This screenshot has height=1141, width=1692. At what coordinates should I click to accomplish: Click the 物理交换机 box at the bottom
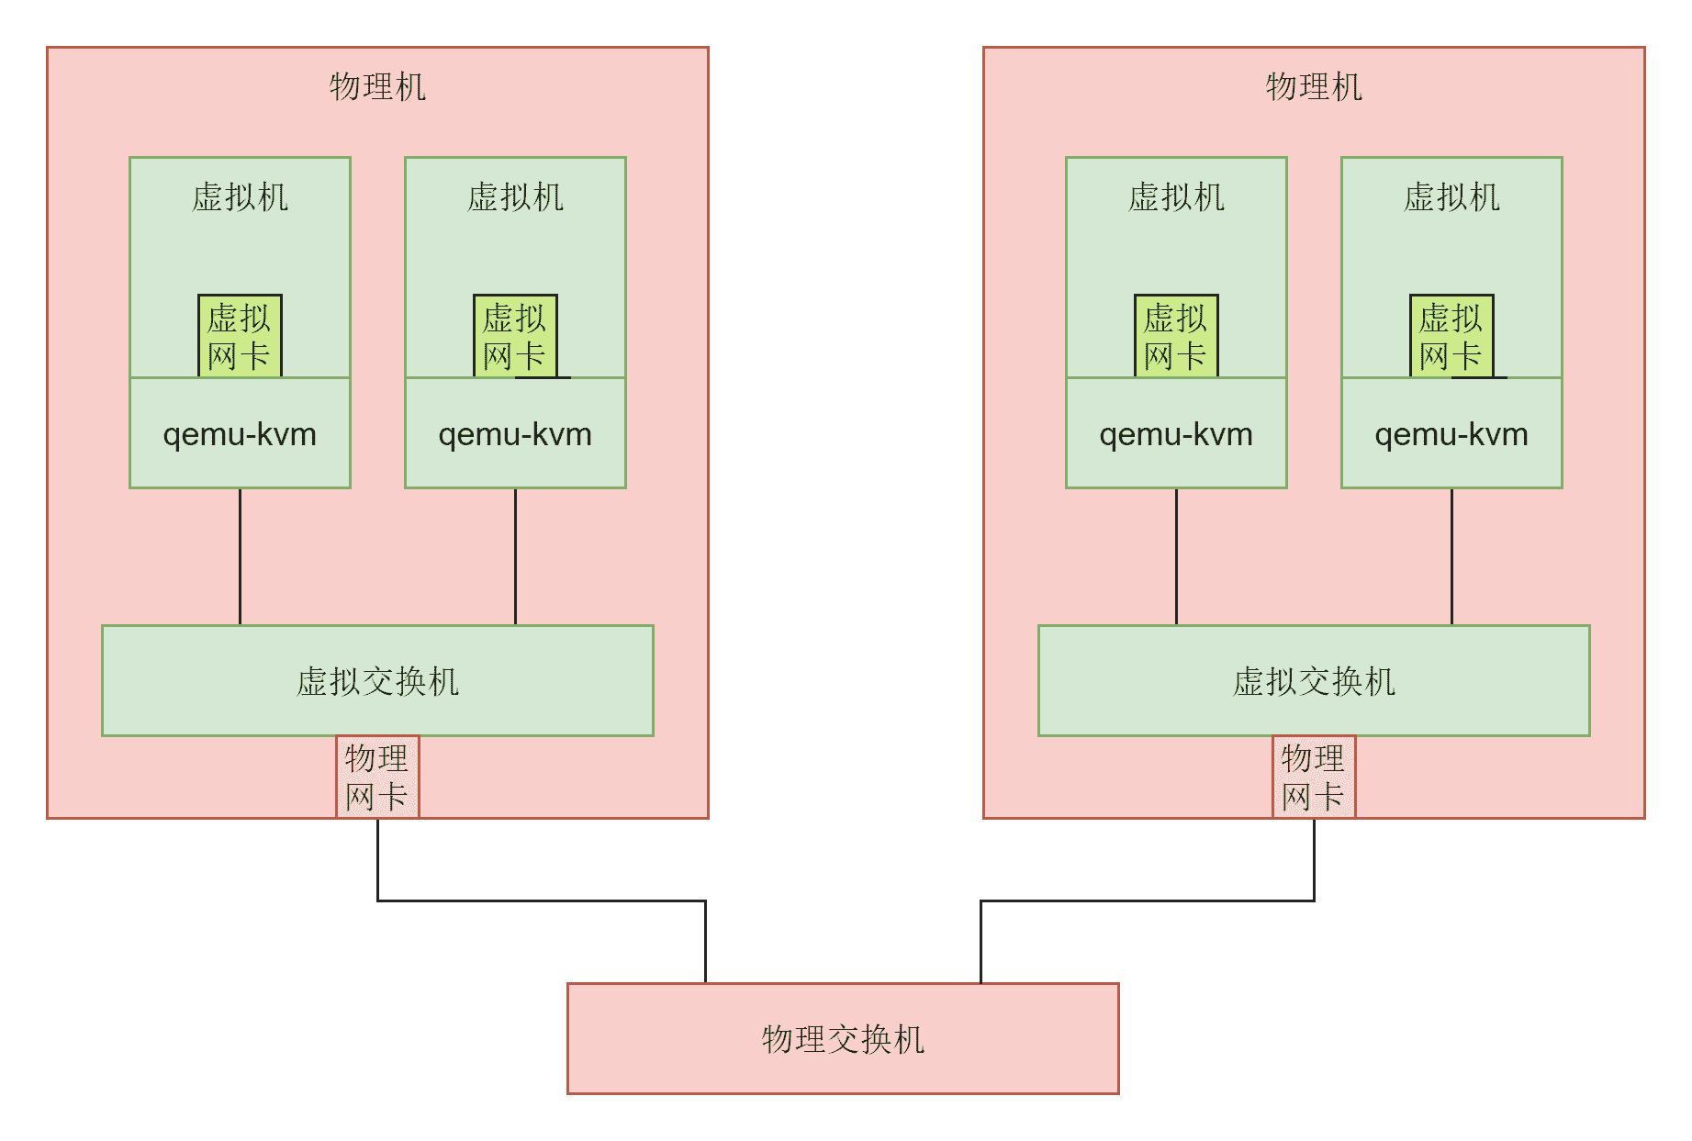(843, 1038)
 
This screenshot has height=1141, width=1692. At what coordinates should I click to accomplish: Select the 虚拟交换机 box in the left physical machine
(377, 680)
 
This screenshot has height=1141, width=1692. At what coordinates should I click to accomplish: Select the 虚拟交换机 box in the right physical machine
(1314, 680)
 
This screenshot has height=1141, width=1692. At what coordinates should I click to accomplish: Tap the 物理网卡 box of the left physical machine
(377, 777)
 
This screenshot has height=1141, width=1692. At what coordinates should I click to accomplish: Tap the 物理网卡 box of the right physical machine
(1314, 777)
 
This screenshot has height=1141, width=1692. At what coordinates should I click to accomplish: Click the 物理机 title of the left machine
(377, 87)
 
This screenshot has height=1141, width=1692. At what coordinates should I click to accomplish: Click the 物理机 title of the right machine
(1314, 87)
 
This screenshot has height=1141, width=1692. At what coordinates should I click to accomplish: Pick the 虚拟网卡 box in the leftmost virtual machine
(240, 336)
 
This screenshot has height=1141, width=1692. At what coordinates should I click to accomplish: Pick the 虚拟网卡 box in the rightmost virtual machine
(1451, 336)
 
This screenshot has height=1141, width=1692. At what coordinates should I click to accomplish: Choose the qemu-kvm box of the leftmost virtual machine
(240, 433)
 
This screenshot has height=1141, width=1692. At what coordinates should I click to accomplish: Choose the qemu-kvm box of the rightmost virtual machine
(1451, 433)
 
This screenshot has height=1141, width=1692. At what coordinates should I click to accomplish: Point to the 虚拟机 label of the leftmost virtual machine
(240, 197)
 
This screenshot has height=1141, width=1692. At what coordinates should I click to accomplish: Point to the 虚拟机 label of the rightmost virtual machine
(1451, 197)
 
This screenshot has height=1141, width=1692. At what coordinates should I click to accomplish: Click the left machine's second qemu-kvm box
(515, 433)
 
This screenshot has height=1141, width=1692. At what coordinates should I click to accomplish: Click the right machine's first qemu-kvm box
(1176, 433)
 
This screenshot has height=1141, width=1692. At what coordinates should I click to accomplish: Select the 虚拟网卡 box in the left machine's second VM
(515, 336)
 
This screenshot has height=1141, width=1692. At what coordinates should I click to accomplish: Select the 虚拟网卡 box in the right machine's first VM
(1176, 336)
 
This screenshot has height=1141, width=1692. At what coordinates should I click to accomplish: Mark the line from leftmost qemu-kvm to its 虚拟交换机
(240, 556)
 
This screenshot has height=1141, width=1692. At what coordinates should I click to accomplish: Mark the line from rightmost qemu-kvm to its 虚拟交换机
(1451, 556)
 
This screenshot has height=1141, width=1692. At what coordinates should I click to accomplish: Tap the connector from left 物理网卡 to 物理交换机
(542, 900)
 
